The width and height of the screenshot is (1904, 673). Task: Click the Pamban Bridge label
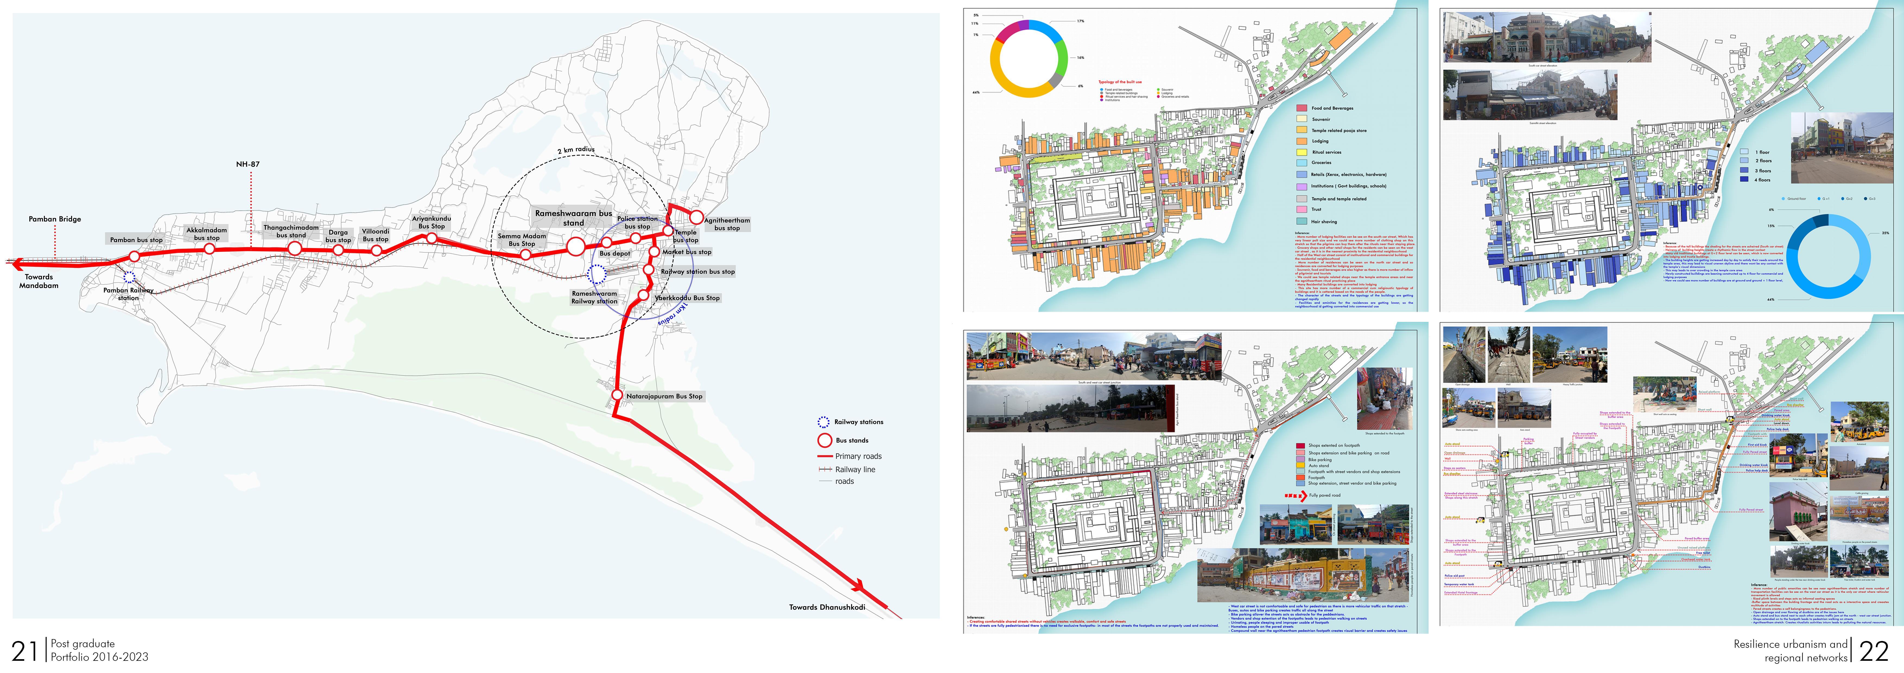(55, 220)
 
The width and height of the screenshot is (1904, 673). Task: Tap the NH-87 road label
(247, 164)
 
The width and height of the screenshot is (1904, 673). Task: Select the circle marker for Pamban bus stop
(134, 256)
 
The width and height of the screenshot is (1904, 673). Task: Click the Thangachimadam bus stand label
(291, 231)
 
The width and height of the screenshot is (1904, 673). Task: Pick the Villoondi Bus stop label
(376, 235)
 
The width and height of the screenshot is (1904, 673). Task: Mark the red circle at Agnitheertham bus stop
(696, 217)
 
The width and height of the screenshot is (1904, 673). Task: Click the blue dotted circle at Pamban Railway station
(129, 277)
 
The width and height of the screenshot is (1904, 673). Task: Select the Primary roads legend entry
(857, 456)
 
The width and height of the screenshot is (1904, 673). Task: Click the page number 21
(24, 651)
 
